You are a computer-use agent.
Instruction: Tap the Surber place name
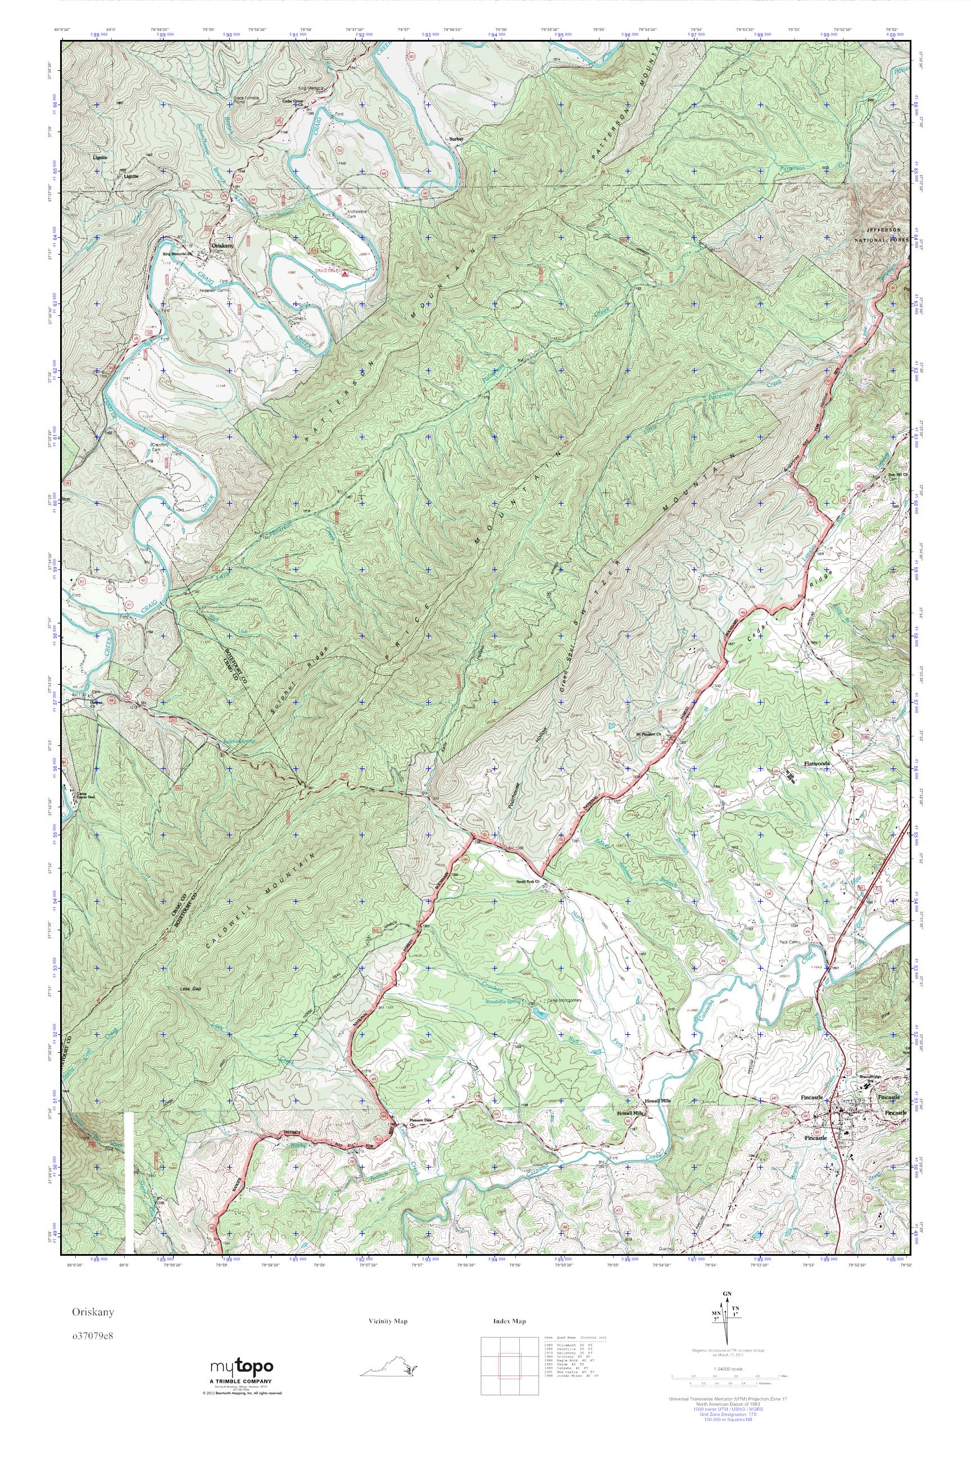point(456,139)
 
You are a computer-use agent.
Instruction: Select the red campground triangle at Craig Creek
point(345,272)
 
